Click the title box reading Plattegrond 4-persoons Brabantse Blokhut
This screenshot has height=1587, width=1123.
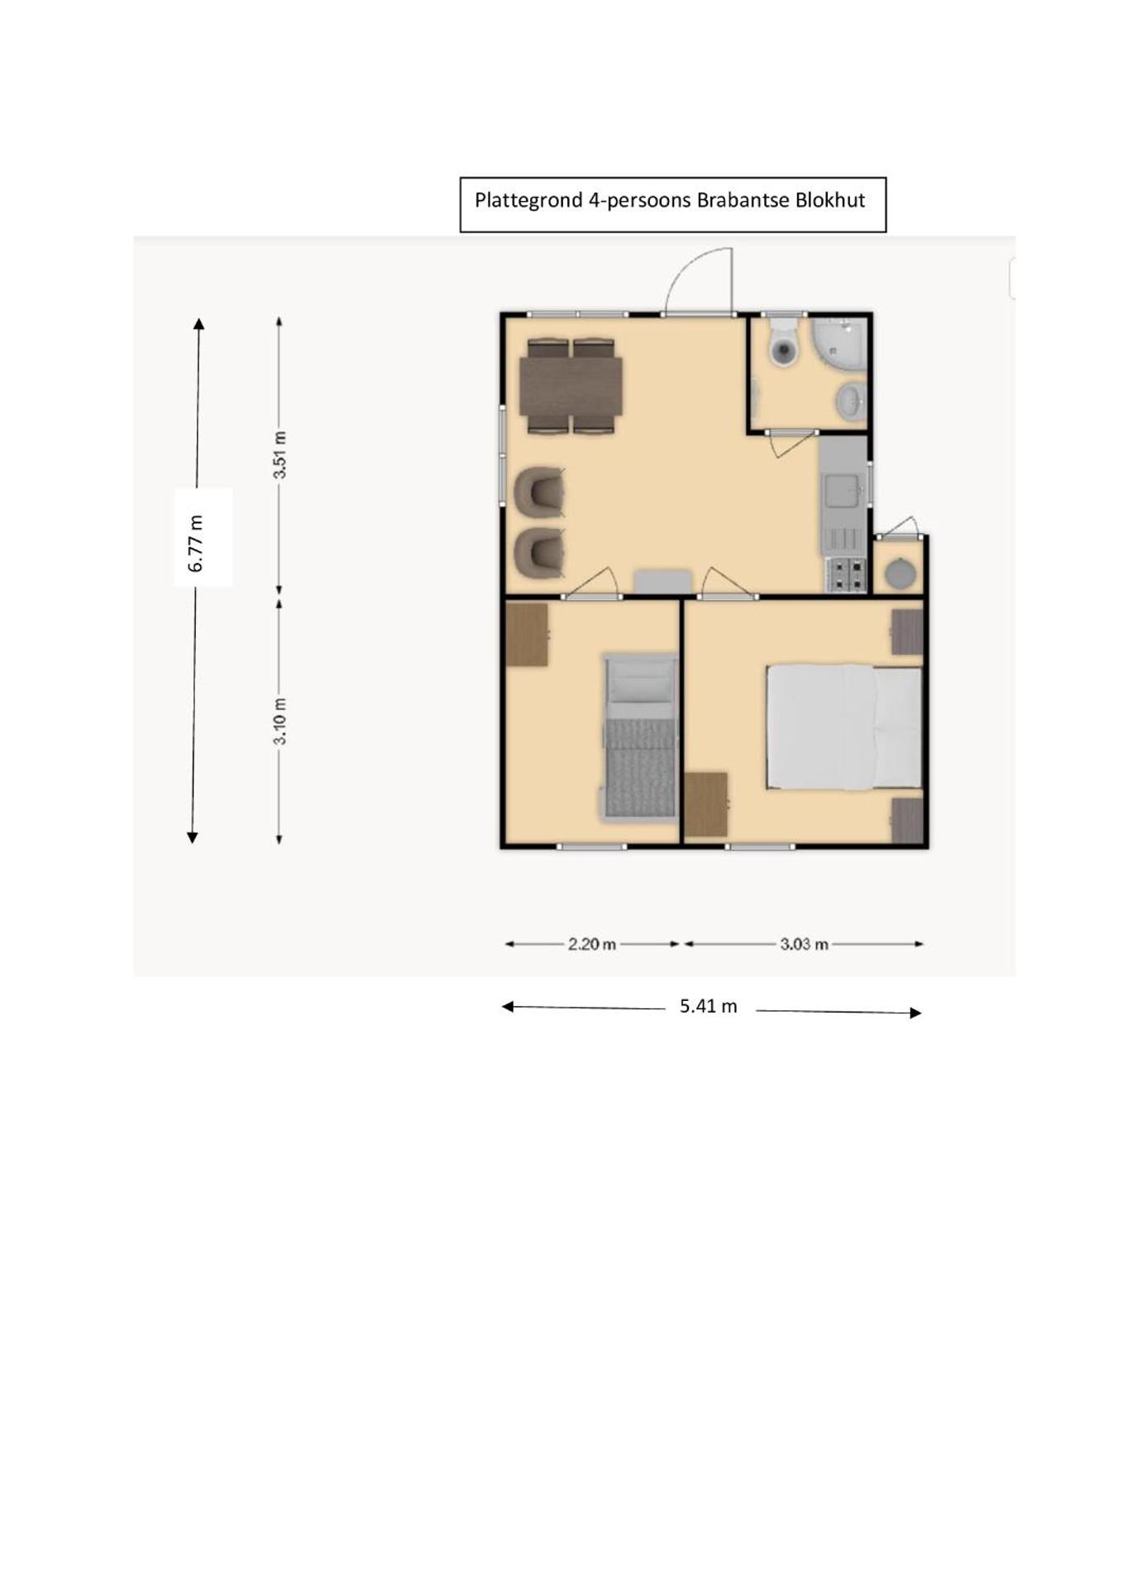(x=672, y=204)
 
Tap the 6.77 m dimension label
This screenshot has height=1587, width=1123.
(x=197, y=543)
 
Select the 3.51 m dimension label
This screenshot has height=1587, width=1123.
(x=280, y=455)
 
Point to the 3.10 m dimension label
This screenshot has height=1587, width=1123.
(x=280, y=721)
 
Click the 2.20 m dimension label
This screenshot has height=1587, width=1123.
(x=591, y=944)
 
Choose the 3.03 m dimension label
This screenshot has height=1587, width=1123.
(x=803, y=944)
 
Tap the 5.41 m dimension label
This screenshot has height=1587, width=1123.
(x=708, y=1007)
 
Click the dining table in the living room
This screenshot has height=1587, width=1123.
(x=571, y=386)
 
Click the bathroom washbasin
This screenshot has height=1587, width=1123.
(x=851, y=402)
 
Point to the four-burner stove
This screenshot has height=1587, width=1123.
(x=846, y=574)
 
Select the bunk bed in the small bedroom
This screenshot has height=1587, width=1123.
(x=639, y=736)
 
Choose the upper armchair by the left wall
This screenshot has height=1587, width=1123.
(x=540, y=491)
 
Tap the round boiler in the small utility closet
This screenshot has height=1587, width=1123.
(x=899, y=572)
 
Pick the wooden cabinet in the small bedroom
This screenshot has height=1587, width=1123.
(x=527, y=635)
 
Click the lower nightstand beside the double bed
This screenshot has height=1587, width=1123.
(x=907, y=820)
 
